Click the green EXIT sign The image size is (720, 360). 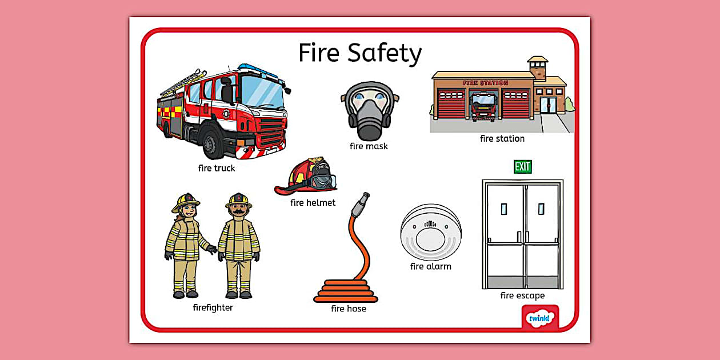click(522, 167)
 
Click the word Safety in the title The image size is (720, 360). click(385, 53)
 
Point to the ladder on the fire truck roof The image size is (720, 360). click(183, 83)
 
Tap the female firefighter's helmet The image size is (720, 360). click(185, 201)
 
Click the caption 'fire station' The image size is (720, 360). click(502, 138)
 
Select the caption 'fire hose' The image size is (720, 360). click(348, 309)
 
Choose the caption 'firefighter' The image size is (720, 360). click(213, 307)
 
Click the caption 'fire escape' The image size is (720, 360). click(522, 295)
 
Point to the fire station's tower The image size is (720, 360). click(537, 68)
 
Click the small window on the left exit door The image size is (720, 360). click(503, 209)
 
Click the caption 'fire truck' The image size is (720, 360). click(216, 168)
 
